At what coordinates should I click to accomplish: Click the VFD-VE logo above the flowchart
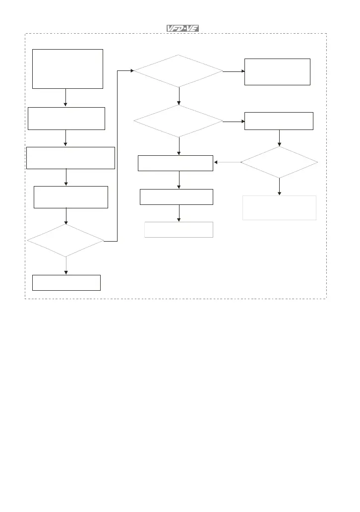182,29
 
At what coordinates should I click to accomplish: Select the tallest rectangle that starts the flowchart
67,68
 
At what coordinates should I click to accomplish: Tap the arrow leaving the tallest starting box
65,97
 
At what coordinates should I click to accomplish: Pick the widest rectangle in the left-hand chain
70,158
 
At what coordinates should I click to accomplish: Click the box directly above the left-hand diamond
70,197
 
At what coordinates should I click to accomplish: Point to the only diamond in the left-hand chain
65,241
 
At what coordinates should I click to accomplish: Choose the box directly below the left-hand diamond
66,282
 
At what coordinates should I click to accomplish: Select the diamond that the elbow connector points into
179,71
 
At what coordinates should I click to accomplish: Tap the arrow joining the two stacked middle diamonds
179,96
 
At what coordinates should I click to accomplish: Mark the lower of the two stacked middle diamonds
179,121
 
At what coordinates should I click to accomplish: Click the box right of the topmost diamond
277,71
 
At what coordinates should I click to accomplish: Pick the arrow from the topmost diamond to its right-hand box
234,71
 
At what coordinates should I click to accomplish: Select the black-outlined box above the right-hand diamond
279,121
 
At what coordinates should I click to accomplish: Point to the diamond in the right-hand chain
279,162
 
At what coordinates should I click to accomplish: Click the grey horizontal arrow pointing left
227,162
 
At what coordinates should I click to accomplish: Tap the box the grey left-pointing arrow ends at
176,163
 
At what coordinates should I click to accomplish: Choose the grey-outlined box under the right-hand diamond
279,207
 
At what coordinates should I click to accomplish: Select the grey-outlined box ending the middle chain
179,230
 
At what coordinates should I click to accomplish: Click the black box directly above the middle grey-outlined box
177,197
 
